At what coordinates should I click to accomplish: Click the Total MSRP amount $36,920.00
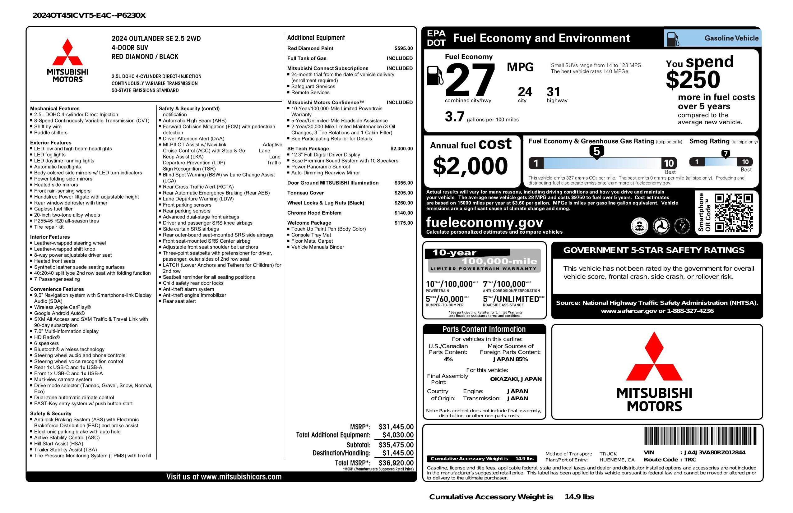pos(396,463)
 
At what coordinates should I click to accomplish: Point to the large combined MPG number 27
pos(470,80)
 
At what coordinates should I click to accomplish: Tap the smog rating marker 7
pos(725,154)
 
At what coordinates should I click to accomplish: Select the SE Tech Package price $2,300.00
pos(401,149)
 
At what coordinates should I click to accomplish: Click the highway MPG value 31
pos(554,92)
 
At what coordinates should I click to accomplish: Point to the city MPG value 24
pos(525,92)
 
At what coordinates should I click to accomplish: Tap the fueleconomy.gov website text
pos(485,222)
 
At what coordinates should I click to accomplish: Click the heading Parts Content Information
pos(484,329)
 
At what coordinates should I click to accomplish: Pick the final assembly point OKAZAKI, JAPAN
pos(516,379)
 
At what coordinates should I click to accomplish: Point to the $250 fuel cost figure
pos(693,80)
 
